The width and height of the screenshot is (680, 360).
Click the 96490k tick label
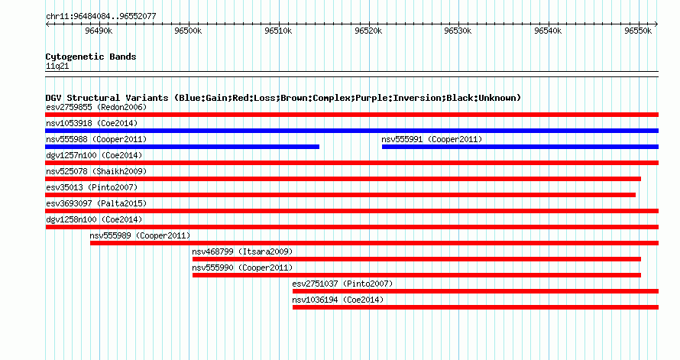(x=99, y=31)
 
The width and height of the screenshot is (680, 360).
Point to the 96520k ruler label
(x=368, y=31)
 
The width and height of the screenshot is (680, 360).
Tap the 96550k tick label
(x=638, y=31)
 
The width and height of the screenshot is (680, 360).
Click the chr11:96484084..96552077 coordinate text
(x=101, y=17)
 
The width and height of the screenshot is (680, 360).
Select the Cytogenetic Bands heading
(x=91, y=57)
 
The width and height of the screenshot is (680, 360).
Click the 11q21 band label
(x=57, y=66)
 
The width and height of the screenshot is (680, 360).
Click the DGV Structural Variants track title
(x=283, y=98)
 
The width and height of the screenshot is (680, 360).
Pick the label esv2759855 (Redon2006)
(x=96, y=107)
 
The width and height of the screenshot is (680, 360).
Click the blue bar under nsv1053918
(x=351, y=131)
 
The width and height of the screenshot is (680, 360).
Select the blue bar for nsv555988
(x=182, y=147)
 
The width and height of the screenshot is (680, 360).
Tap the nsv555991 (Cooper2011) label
(x=432, y=139)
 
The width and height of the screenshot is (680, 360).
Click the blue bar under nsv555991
(x=520, y=147)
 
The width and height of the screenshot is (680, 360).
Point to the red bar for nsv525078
(x=343, y=179)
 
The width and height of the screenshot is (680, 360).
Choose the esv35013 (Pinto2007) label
(x=92, y=187)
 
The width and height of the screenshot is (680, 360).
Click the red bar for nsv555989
(x=374, y=243)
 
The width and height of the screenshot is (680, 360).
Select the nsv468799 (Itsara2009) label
(x=242, y=251)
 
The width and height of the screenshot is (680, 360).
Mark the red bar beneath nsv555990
(x=416, y=275)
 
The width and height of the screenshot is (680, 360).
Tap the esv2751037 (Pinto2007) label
(x=342, y=284)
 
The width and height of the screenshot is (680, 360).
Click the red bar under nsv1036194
(x=476, y=307)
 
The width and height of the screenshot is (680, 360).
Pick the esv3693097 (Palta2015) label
(x=96, y=203)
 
